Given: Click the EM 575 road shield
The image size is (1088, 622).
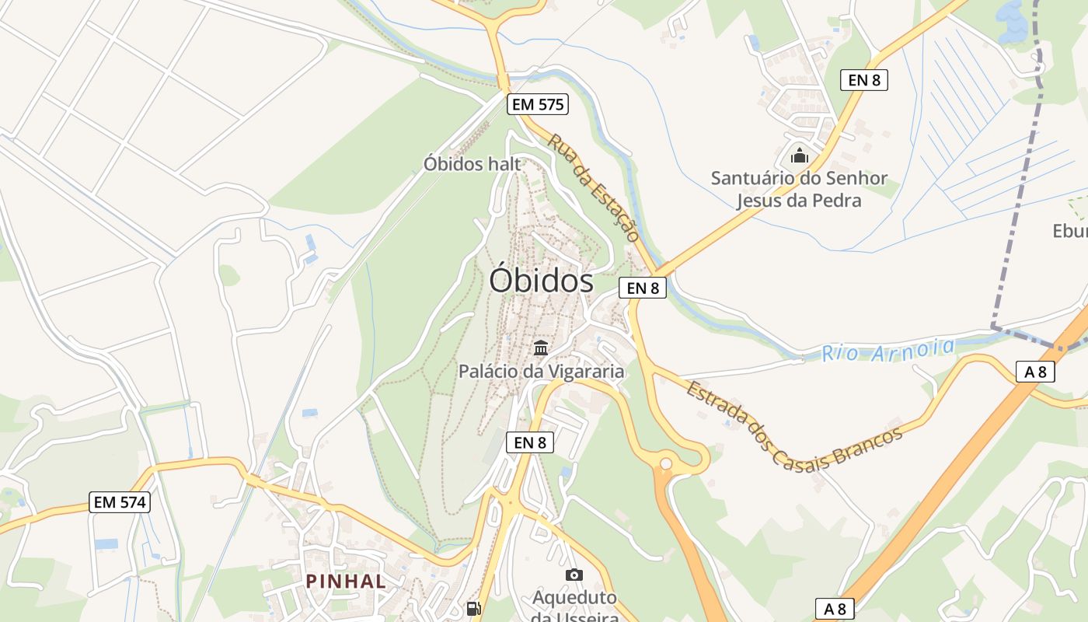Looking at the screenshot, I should (x=538, y=104).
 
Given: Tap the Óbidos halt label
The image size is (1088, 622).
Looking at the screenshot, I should (x=472, y=164).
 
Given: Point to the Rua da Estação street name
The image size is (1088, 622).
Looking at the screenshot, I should (x=593, y=187).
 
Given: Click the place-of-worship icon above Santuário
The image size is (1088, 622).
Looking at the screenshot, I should (x=799, y=155).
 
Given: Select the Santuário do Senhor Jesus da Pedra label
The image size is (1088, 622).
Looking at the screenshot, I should (x=799, y=190).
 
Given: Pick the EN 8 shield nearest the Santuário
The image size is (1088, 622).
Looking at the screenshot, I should (x=863, y=79).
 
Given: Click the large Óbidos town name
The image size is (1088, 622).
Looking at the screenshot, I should (x=541, y=281).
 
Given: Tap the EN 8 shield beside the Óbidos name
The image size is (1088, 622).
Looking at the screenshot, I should (x=643, y=288).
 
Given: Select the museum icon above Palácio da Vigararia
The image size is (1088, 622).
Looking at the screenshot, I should (x=541, y=348).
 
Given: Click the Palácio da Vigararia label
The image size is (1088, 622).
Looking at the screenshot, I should (x=541, y=371).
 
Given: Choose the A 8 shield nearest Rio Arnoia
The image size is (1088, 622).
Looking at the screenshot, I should (x=1035, y=372).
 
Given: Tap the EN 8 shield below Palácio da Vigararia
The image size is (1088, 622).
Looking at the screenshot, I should (x=530, y=442).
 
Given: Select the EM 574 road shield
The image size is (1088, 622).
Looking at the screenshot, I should (x=119, y=502).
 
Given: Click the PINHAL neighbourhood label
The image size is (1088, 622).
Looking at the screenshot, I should (x=346, y=581).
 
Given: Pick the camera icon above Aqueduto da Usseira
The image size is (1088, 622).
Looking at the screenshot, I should (x=574, y=575).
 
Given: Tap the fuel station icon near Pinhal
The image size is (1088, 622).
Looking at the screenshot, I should (x=473, y=608).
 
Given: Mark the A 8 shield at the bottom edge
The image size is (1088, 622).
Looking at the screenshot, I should (x=835, y=609).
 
